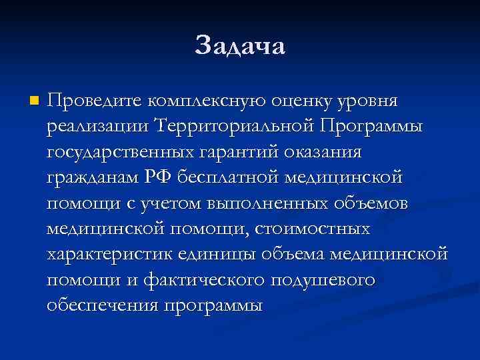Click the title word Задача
coord(240,46)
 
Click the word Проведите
coord(94,101)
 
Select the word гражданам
coord(93,178)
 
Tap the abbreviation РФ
coord(159,178)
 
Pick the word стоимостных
coord(314,229)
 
